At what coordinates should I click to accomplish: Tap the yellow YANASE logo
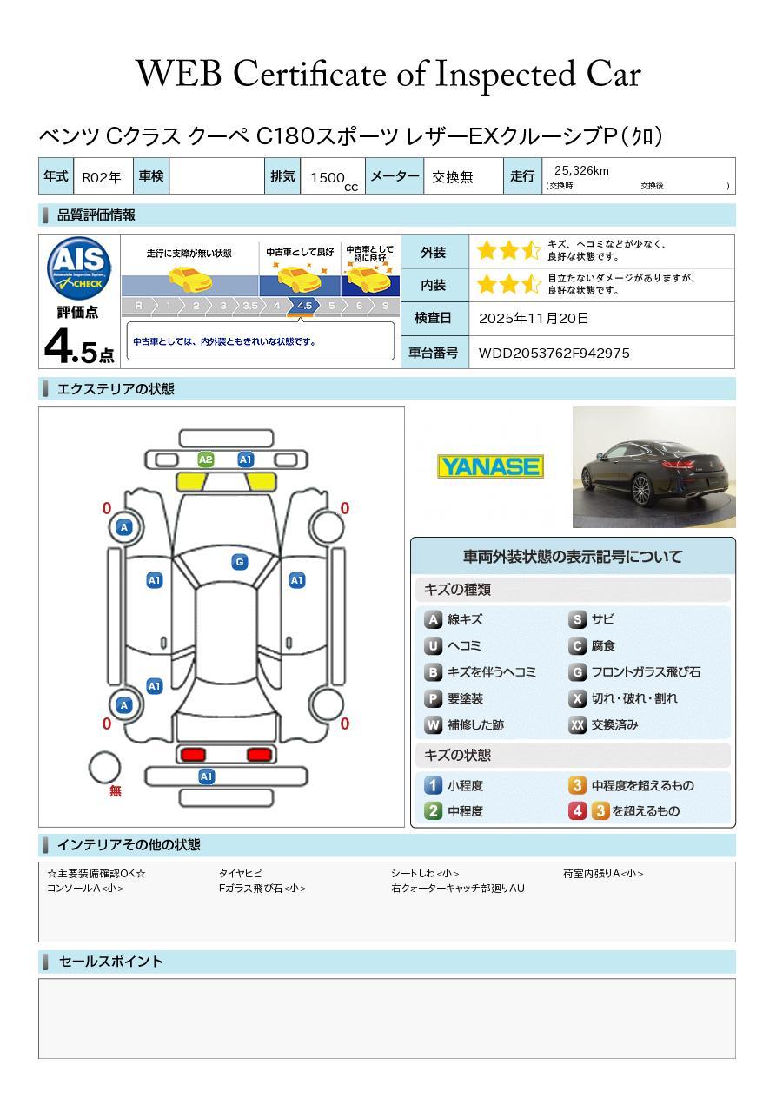(490, 466)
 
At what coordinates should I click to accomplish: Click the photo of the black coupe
(653, 467)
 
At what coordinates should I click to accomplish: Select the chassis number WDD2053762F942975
(554, 353)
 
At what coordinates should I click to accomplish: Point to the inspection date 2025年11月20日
(534, 319)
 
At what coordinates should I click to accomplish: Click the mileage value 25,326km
(581, 170)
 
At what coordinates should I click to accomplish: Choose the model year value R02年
(102, 177)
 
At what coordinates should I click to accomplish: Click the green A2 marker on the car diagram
(206, 459)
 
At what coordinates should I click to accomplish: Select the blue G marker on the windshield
(240, 562)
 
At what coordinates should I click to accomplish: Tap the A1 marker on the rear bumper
(207, 776)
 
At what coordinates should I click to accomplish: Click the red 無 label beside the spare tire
(116, 791)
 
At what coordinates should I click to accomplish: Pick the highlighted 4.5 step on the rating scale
(304, 306)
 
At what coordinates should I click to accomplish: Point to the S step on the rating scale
(385, 306)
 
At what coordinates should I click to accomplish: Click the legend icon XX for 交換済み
(578, 724)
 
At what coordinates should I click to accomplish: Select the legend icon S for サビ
(578, 620)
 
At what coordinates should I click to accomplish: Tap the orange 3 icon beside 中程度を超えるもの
(578, 785)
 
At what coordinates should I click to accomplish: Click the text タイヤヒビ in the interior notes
(241, 874)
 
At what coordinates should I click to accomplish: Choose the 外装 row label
(433, 253)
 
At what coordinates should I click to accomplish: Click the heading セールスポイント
(110, 962)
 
